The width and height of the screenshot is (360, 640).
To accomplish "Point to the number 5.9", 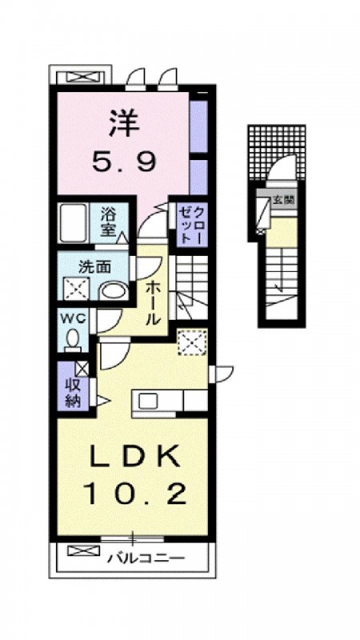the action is (x=124, y=162).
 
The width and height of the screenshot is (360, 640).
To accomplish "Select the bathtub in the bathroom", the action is (x=74, y=223).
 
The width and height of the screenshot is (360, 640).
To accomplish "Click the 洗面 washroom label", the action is (x=94, y=267).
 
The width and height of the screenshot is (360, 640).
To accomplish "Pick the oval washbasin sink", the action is (x=113, y=291).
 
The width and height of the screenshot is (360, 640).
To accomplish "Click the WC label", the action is (x=74, y=318).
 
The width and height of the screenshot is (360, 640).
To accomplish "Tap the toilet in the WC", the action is (x=73, y=341).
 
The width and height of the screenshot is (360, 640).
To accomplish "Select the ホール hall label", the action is (x=152, y=302).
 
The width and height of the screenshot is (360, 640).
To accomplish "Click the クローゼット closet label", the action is (x=191, y=226).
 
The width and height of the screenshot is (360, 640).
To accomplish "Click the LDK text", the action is (x=134, y=458).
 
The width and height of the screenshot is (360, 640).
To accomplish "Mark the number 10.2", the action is (x=135, y=494).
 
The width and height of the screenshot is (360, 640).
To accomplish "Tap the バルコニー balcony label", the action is (x=146, y=558).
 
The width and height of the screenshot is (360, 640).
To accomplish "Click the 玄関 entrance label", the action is (x=283, y=200).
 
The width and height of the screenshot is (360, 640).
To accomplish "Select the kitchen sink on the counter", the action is (x=147, y=402).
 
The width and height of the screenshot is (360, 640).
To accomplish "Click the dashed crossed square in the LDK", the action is (x=193, y=342).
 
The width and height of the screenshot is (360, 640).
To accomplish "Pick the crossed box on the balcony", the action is (x=84, y=551).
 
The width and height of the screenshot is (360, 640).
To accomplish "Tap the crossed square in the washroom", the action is (x=76, y=289).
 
